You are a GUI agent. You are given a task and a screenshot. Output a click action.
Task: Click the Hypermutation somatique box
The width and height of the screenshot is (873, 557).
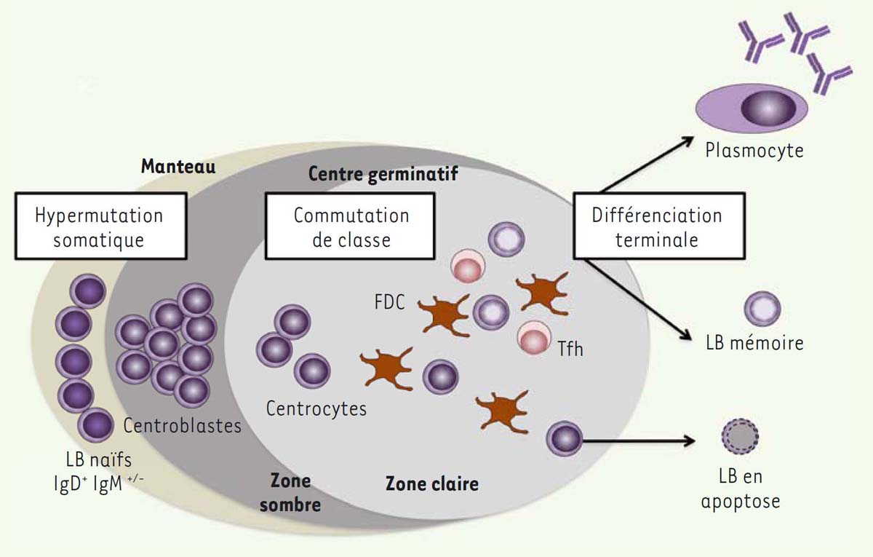click(x=99, y=227)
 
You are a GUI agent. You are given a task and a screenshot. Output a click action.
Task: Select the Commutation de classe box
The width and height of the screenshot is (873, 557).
click(x=351, y=227)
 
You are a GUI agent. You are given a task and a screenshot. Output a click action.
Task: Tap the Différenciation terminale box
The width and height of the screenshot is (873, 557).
click(x=656, y=227)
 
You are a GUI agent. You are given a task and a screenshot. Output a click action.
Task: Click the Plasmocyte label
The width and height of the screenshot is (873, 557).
click(x=754, y=151)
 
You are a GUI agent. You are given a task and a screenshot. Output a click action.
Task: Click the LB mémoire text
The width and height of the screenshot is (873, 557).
click(x=754, y=342)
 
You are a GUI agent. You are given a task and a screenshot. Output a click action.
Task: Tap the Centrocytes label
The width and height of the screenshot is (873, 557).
click(x=316, y=408)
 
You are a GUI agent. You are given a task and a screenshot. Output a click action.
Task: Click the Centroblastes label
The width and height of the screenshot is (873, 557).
click(x=182, y=424)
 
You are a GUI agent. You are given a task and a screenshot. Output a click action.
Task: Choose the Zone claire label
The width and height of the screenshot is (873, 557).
click(x=432, y=483)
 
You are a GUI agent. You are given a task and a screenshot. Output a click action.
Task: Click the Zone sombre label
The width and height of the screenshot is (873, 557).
click(x=290, y=492)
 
